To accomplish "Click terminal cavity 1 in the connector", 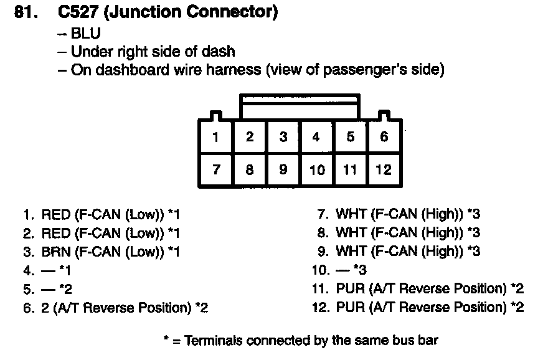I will (215, 137).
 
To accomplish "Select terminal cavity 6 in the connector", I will (384, 137).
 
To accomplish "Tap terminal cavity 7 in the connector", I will (215, 169).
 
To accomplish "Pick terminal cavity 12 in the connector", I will (384, 169).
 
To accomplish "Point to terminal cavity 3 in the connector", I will (283, 137).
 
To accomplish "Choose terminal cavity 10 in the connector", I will (317, 169).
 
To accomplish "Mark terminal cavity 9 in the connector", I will (283, 169).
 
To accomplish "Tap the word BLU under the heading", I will (86, 34).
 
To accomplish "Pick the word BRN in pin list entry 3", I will (55, 252).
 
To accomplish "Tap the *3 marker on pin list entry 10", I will (361, 270).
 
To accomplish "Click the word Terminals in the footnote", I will (214, 341).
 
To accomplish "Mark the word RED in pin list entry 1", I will (55, 215).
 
